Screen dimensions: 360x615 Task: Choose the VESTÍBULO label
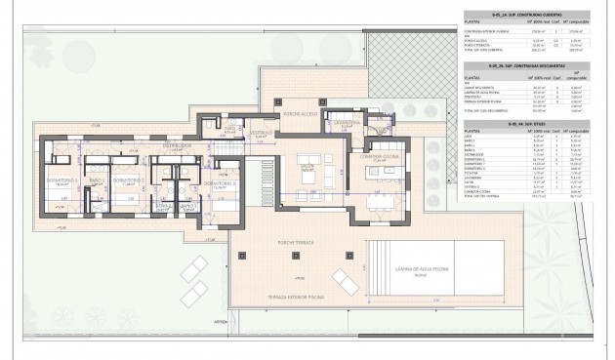coord(260,131)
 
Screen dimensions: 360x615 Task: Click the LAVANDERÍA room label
coord(349,124)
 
